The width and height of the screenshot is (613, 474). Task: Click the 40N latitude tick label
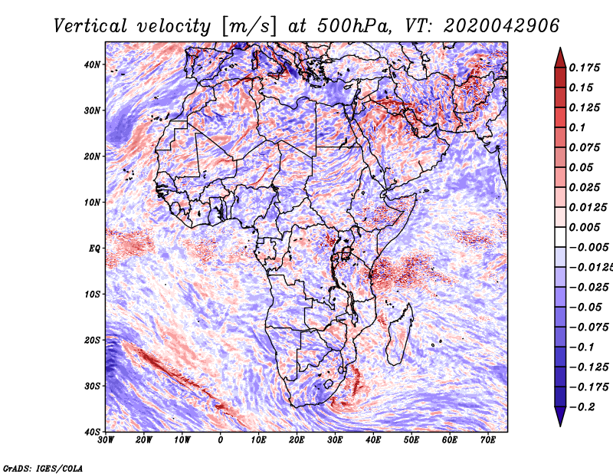(92, 64)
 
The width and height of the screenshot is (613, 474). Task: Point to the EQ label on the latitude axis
(94, 249)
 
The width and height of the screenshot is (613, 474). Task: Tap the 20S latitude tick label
(92, 340)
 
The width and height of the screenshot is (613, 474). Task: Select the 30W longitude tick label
(107, 440)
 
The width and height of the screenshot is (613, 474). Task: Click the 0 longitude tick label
(221, 440)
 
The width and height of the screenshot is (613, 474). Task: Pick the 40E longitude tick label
(374, 440)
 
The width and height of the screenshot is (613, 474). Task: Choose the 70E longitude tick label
(488, 440)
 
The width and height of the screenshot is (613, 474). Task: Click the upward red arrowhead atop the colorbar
(560, 56)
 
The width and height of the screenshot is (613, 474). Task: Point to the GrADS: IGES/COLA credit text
(43, 467)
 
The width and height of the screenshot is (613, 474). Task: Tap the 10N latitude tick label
(92, 202)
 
